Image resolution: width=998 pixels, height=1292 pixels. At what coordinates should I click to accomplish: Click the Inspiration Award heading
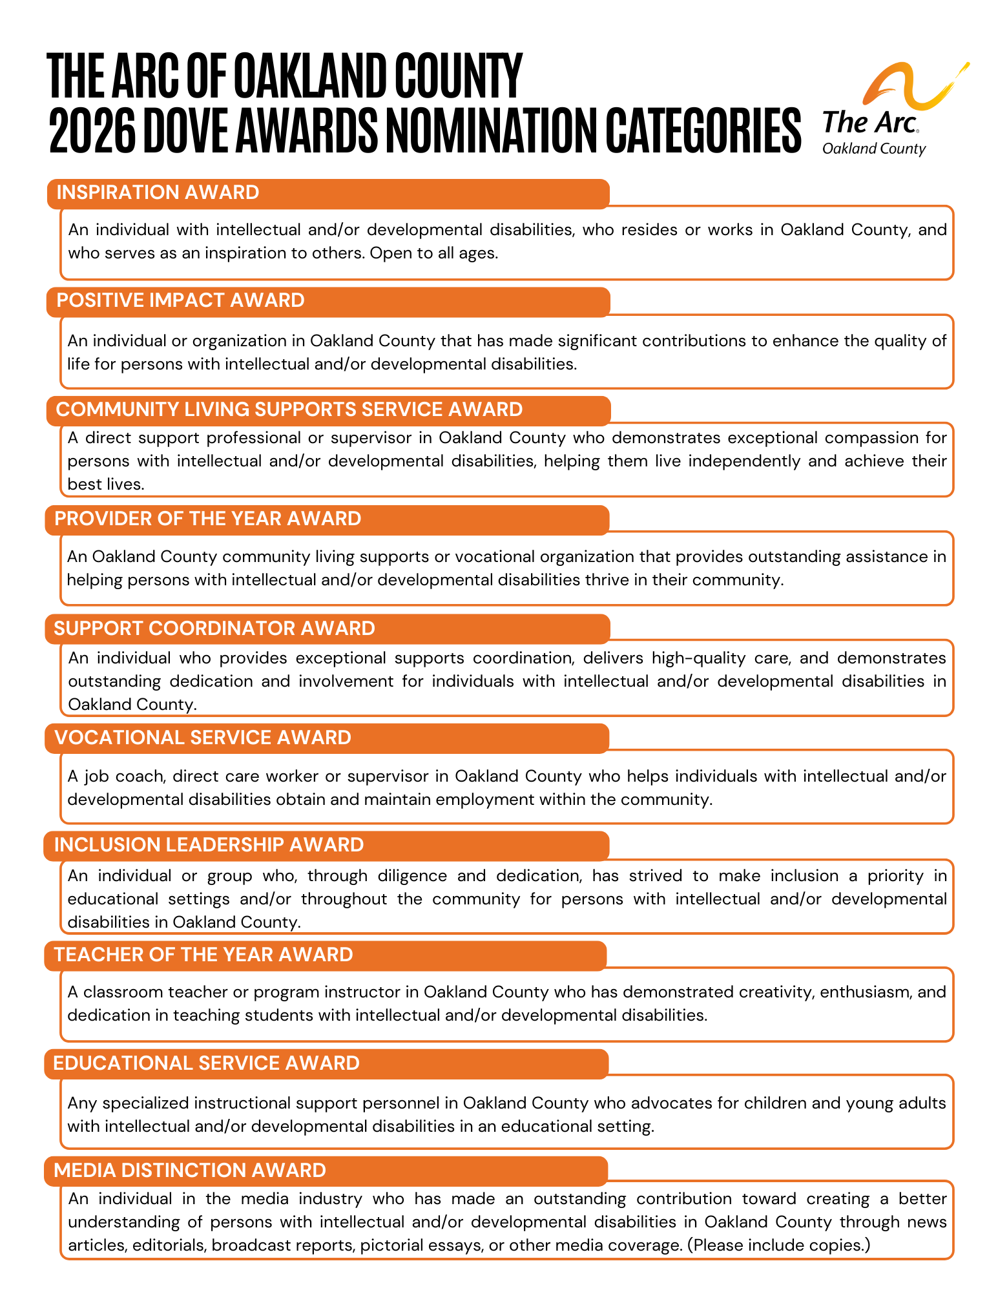(x=158, y=193)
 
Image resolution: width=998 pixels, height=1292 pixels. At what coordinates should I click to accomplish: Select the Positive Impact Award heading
(x=180, y=300)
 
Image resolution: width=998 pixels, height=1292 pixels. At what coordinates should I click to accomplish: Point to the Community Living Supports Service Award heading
(x=289, y=410)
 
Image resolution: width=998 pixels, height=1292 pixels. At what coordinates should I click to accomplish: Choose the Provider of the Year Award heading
(x=207, y=519)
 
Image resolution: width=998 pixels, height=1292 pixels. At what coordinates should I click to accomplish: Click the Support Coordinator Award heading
(x=214, y=629)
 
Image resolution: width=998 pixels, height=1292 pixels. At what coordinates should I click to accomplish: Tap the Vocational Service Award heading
(x=202, y=738)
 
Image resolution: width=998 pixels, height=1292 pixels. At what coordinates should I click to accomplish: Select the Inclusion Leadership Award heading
(x=209, y=845)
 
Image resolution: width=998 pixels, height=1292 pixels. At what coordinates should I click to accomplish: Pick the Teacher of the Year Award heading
(x=203, y=955)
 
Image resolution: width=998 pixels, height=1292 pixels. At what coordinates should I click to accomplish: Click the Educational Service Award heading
(x=206, y=1063)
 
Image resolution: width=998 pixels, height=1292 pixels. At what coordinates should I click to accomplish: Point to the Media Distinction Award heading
(x=190, y=1171)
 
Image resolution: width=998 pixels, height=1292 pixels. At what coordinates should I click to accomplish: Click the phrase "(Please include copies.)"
(x=778, y=1245)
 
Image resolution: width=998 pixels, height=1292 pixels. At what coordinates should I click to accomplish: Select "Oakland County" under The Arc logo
(x=873, y=149)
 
